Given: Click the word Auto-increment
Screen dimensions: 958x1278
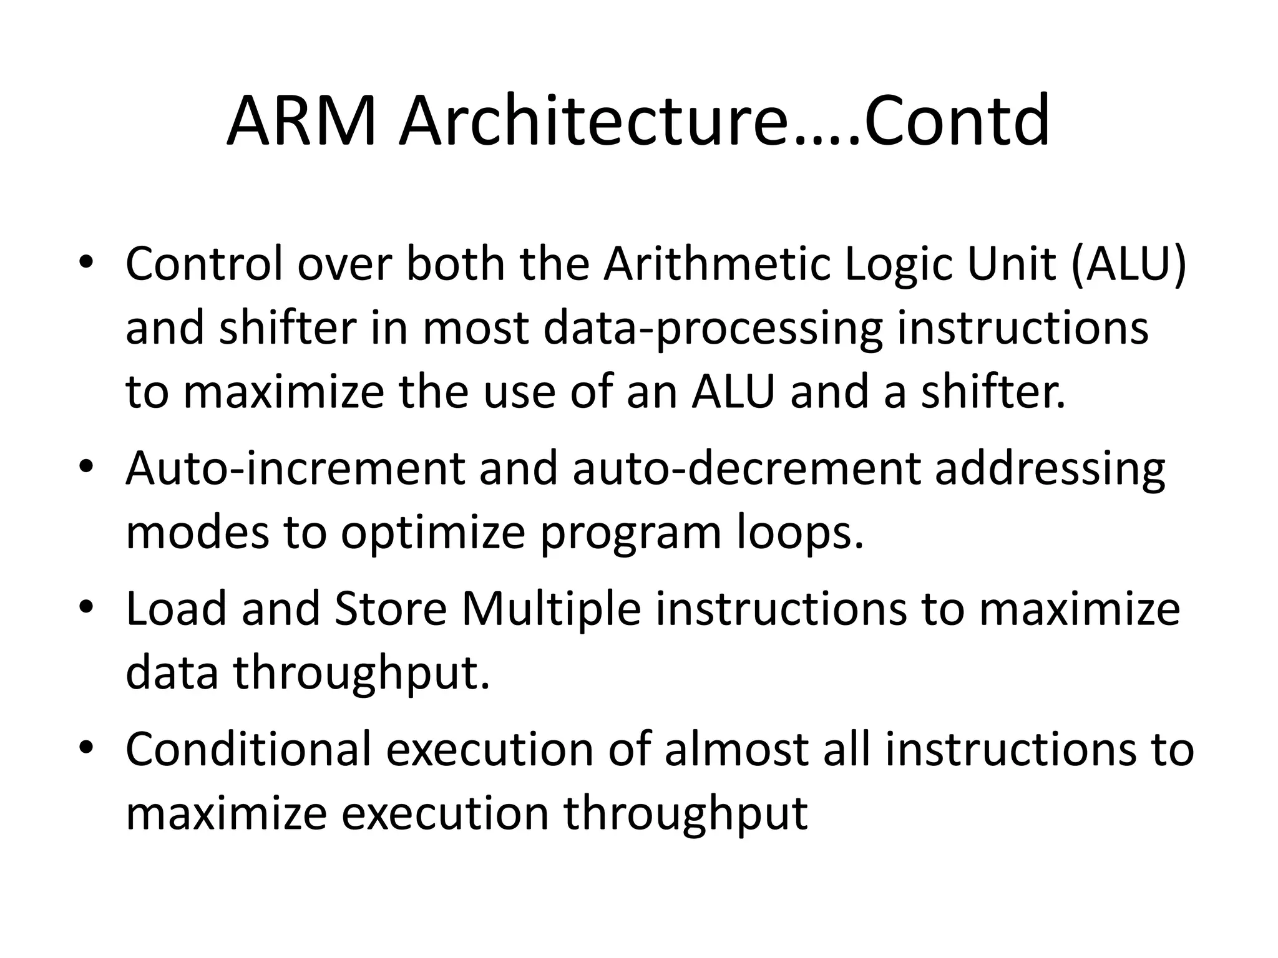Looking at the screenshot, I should pos(295,468).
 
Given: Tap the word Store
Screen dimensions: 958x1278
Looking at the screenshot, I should pos(390,609).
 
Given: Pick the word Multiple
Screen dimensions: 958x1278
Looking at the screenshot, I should pos(551,610).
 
